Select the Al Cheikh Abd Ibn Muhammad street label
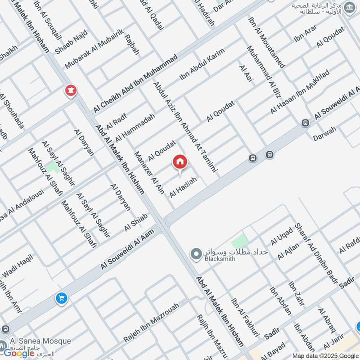pos(136,84)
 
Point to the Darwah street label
pos(325,133)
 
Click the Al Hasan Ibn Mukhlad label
pos(300,92)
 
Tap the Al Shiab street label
pos(136,223)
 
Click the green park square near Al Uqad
pos(239,241)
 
